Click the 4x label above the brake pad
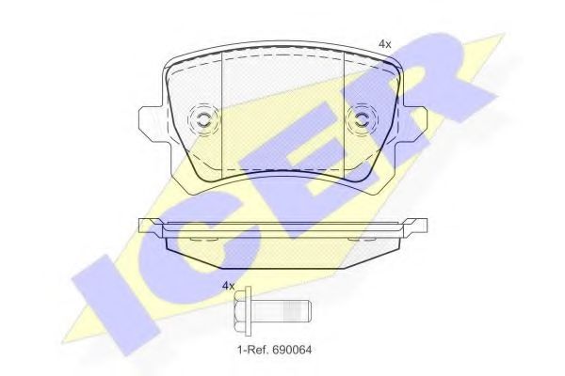point(385,44)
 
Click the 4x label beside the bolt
point(228,286)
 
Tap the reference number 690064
point(292,349)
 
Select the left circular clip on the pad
point(202,120)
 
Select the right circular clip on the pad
point(363,120)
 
